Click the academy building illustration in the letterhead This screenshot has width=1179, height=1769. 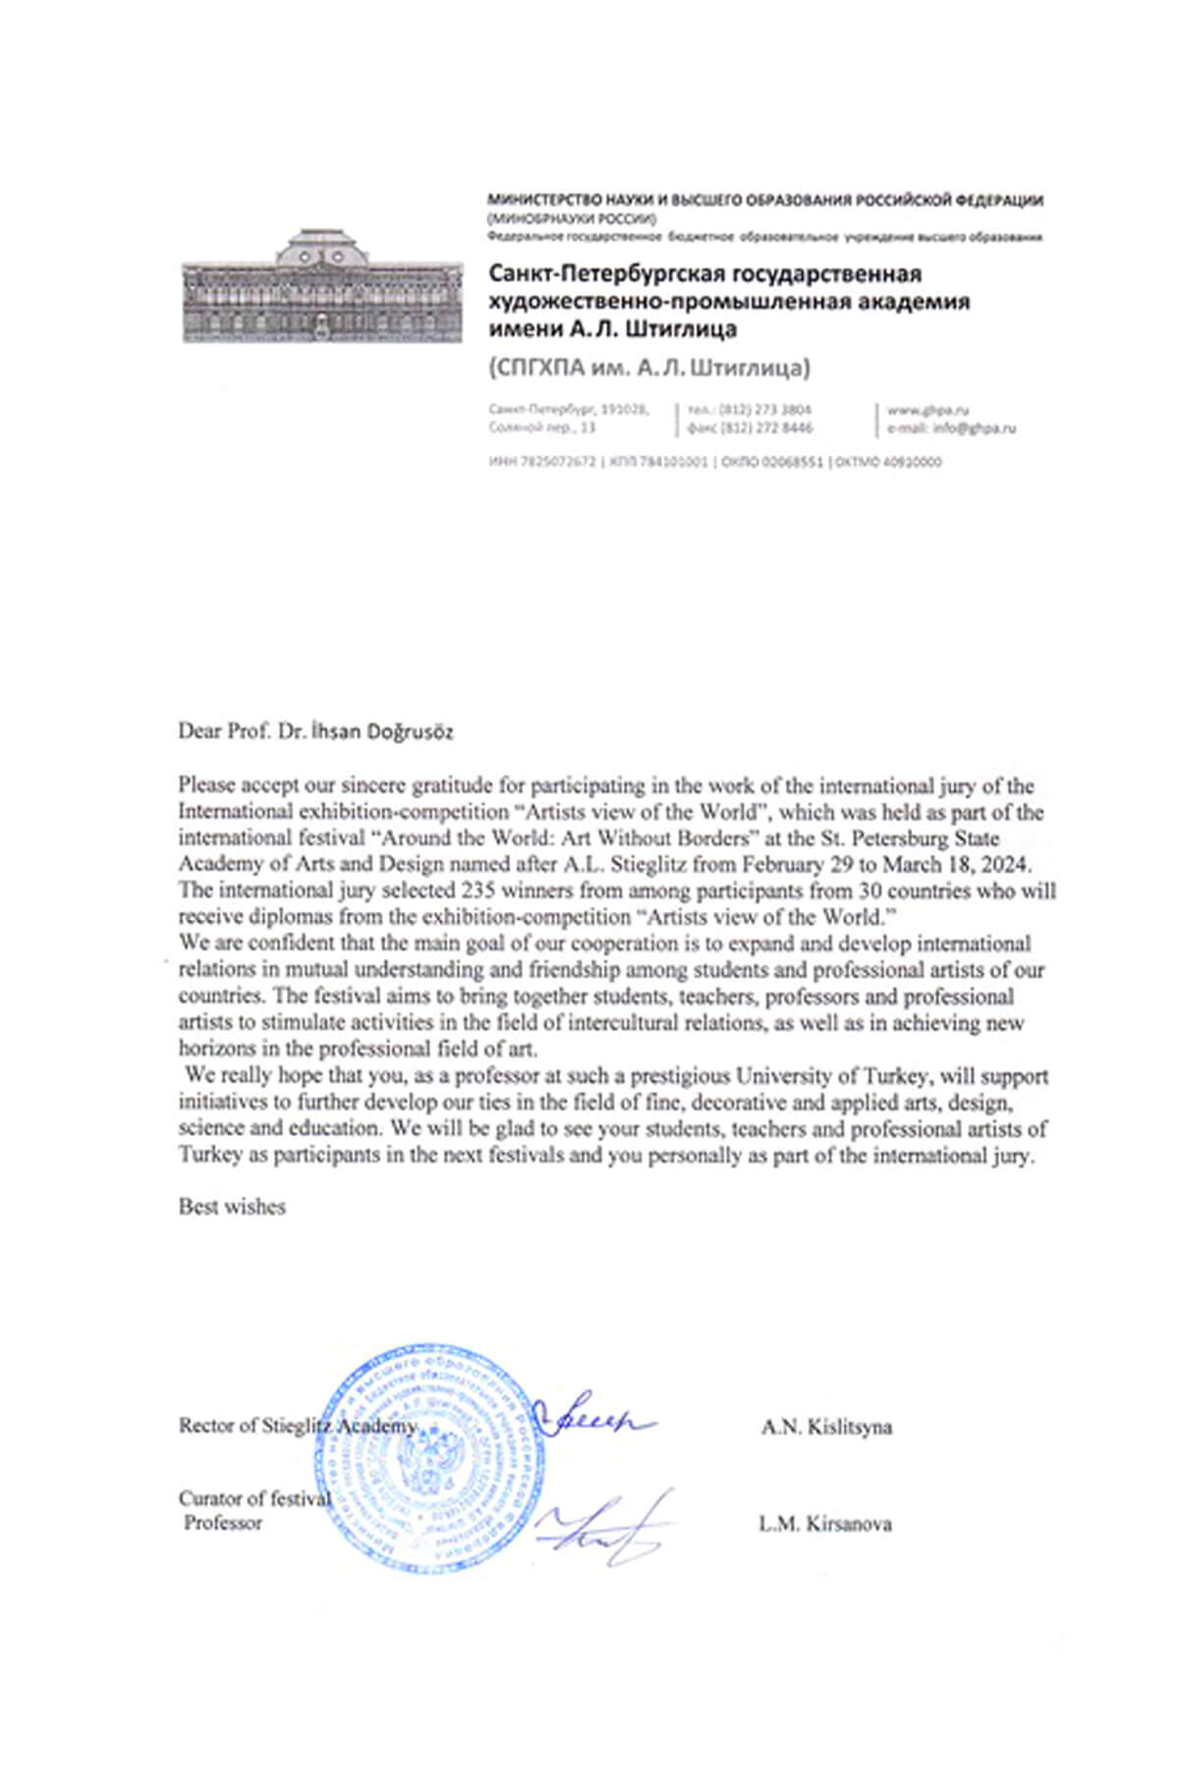point(322,286)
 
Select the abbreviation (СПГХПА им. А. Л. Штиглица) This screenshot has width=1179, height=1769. point(649,369)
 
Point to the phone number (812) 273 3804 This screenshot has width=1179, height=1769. point(765,409)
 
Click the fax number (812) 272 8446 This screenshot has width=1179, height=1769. point(765,428)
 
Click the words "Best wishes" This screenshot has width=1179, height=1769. point(232,1207)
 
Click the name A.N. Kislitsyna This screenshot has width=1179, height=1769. point(826,1427)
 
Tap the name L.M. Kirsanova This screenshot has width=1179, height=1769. point(825,1524)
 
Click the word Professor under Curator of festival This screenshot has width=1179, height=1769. point(223,1523)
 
